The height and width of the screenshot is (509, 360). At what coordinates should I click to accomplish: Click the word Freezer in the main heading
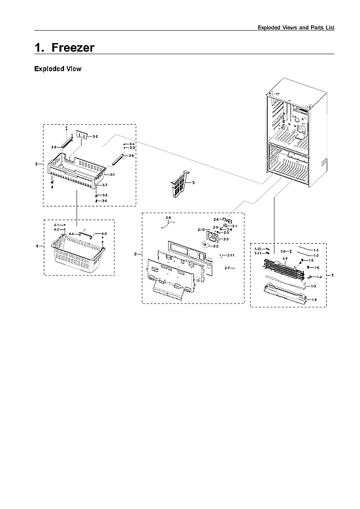73,48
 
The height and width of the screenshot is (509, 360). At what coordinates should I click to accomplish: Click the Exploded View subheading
57,69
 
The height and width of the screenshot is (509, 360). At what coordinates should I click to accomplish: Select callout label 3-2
95,137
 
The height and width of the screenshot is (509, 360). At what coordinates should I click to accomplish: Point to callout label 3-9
54,147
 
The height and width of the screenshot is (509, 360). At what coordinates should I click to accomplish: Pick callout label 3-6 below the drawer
105,201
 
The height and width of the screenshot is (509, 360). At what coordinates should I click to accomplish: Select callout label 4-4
71,233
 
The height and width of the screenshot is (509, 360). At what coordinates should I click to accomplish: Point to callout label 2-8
168,217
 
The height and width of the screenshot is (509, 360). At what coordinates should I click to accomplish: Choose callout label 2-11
231,254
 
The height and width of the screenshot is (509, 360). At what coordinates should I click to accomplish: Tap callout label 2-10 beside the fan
201,230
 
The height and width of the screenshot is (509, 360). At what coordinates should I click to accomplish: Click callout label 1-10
258,249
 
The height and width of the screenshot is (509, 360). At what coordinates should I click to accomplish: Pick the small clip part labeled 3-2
82,134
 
